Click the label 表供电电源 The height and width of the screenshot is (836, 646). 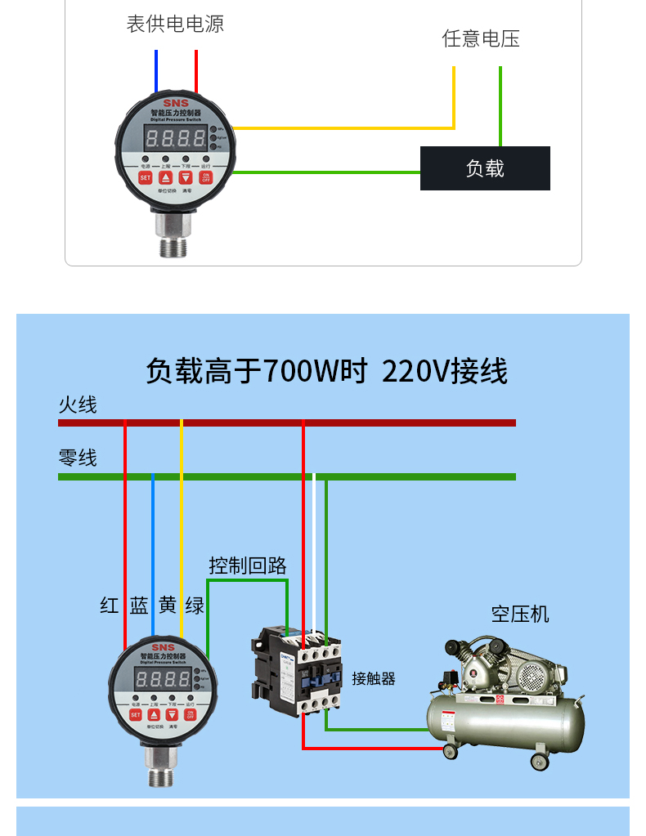coord(175,24)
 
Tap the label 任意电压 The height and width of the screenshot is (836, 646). coord(481,38)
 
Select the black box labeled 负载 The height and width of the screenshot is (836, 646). coord(485,168)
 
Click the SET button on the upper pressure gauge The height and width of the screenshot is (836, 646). coord(145,177)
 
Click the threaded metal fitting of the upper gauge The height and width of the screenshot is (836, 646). coord(174,237)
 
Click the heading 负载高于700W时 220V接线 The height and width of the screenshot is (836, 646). coord(326,371)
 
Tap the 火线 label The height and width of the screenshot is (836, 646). coord(78,405)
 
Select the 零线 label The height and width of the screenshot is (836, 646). coord(78,458)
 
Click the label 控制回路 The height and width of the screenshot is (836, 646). coord(247,565)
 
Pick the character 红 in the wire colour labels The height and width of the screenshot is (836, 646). coord(110,606)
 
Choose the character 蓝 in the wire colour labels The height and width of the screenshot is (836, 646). coord(139,606)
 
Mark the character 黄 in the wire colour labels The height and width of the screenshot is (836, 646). coord(168,606)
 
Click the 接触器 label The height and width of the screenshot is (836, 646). coord(374,678)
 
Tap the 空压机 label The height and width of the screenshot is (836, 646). coord(520,614)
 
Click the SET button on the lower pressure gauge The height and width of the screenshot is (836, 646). coord(136,715)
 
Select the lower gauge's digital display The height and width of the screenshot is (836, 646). coord(164,679)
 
